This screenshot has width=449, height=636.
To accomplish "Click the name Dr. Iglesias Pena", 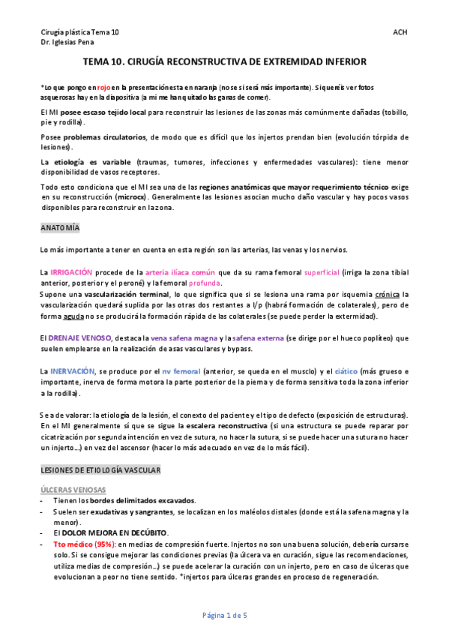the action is (67, 43).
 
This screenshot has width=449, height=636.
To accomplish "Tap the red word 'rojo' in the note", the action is (104, 88).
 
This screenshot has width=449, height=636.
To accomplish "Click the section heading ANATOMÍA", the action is (59, 227).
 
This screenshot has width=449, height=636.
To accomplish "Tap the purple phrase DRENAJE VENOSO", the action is (79, 338).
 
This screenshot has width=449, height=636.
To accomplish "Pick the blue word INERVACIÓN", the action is (73, 371).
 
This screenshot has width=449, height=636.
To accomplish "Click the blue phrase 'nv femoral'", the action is (181, 371).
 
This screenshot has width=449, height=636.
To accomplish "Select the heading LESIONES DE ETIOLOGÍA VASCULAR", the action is (100, 469).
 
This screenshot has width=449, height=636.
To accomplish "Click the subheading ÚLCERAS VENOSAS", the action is (73, 490).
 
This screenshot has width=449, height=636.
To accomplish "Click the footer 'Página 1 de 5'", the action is (224, 615).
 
